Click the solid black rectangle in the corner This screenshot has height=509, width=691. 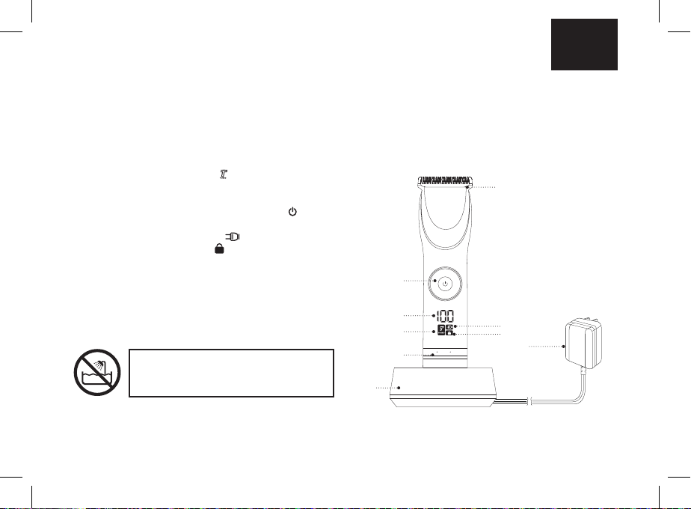(x=584, y=44)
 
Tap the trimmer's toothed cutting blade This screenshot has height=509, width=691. (x=445, y=180)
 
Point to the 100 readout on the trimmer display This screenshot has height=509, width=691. (x=446, y=316)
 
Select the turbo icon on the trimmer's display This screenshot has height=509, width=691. (x=441, y=330)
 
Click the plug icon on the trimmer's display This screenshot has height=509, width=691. (x=449, y=327)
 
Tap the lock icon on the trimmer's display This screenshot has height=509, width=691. (x=449, y=333)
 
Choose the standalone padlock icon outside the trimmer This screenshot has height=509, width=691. (x=219, y=249)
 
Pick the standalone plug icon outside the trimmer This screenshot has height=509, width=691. (x=233, y=237)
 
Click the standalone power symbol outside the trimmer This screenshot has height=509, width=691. (x=292, y=212)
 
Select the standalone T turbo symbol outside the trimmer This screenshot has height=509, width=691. (x=224, y=174)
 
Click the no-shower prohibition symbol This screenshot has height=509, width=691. (x=97, y=372)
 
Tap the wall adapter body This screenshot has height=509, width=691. (x=583, y=344)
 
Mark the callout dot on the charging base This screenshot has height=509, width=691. (x=399, y=388)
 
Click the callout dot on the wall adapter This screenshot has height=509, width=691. (x=564, y=347)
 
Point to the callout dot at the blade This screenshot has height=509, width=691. (x=467, y=187)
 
